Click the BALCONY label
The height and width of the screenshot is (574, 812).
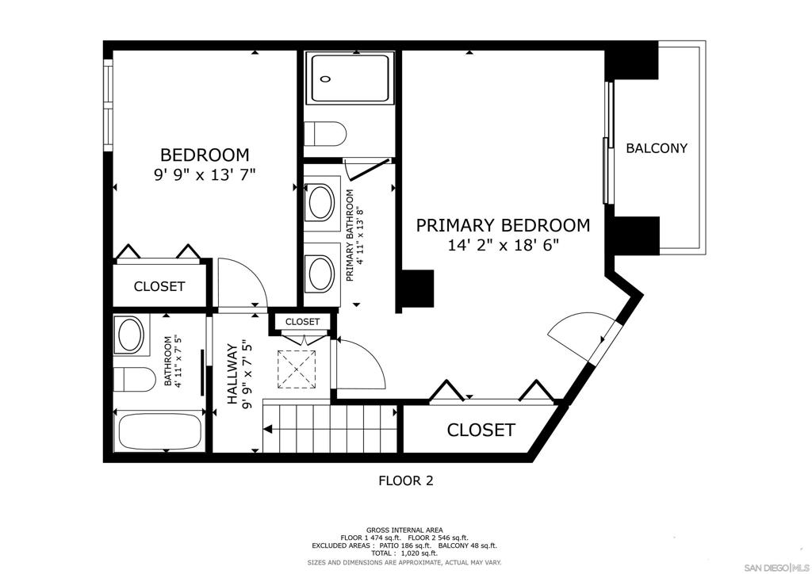656,148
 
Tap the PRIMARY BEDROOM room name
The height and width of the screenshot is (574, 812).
503,225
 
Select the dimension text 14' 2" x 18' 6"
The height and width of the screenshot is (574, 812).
503,245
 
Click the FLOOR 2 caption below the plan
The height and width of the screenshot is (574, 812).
405,480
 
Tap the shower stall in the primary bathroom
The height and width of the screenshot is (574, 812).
349,78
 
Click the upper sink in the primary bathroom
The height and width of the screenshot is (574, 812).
321,202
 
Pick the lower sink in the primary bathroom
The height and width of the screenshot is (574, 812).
321,274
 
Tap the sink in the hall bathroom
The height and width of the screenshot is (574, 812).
131,335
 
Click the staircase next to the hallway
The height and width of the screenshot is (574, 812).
333,429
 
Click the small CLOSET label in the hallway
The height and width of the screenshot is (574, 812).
302,322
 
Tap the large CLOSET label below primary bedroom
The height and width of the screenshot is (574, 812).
481,430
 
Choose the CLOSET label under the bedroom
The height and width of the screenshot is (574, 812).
159,286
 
